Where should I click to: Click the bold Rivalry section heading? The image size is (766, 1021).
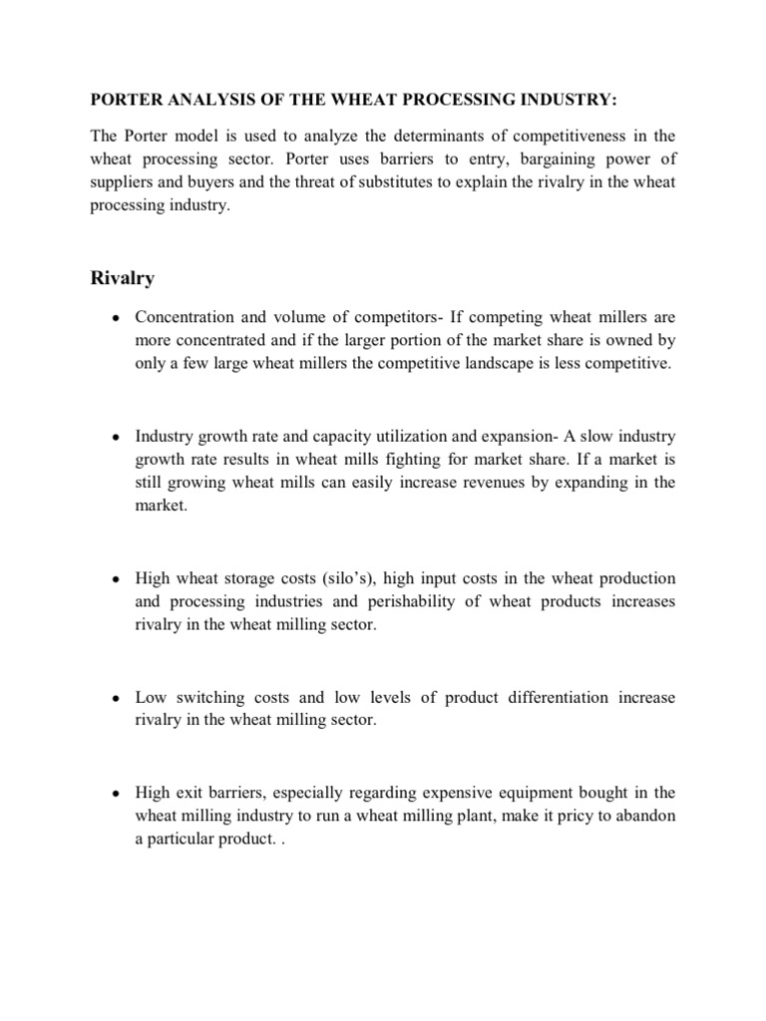coord(123,278)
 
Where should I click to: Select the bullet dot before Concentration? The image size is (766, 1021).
coord(117,319)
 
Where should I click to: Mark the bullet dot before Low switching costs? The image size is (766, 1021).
coord(117,698)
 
